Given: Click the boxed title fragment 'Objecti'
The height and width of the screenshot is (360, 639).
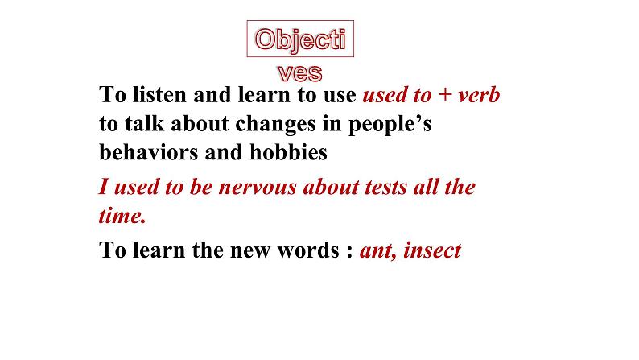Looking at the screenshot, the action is [300, 40].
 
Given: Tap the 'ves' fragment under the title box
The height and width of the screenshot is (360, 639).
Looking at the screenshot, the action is [300, 73].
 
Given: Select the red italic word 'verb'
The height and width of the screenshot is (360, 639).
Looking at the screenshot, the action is [479, 95].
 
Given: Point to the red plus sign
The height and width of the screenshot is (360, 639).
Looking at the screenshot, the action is [445, 95].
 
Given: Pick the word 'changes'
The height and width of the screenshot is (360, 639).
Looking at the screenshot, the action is [276, 124].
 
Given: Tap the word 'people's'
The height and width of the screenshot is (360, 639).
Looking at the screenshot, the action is [390, 124].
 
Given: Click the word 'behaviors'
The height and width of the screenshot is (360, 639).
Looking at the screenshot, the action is [148, 152].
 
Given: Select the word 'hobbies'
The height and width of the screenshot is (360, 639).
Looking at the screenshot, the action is [289, 152].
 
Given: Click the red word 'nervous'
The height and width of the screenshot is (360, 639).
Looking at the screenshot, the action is [258, 188].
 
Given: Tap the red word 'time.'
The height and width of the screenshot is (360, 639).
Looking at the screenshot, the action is [122, 216].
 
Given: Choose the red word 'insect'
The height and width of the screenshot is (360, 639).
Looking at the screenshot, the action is [432, 250].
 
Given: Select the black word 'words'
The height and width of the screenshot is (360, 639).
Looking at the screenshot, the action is [308, 250].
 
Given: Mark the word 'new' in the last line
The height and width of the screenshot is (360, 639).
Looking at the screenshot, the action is [250, 252].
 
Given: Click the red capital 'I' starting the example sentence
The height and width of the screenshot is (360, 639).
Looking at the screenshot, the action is [104, 187].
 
